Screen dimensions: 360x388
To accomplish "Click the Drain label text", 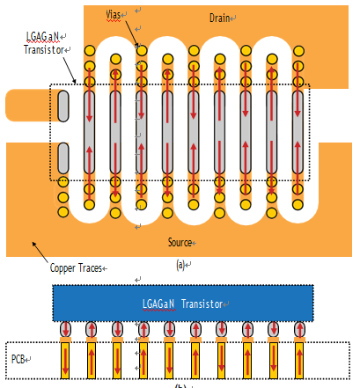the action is (x=219, y=18).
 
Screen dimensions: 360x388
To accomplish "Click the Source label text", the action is (x=180, y=242).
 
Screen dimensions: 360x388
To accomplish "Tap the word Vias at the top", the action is (x=114, y=14).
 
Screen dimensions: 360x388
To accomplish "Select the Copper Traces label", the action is (x=76, y=267).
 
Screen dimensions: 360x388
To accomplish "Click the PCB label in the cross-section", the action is (x=18, y=359).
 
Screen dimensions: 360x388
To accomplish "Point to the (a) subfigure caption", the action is (x=180, y=265).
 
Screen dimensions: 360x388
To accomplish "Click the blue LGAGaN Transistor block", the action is (x=183, y=304).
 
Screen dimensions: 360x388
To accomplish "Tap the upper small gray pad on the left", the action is (x=63, y=106).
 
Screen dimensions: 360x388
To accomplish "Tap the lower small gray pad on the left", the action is (x=63, y=158).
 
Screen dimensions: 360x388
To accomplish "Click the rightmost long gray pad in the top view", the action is (x=298, y=132).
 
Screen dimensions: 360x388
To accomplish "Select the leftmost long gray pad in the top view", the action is (x=90, y=132).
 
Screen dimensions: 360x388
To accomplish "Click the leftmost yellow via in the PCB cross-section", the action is (x=65, y=361).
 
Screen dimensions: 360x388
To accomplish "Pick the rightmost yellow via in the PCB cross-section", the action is (x=299, y=361).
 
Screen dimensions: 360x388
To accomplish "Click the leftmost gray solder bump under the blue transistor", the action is (x=65, y=329).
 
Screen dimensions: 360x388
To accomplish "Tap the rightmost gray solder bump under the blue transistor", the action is (x=299, y=329).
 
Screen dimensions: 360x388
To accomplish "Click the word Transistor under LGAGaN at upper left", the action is (x=44, y=49).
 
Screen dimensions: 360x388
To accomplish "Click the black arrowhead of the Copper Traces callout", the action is (x=33, y=244).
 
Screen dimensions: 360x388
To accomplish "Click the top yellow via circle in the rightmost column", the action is (x=298, y=51).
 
